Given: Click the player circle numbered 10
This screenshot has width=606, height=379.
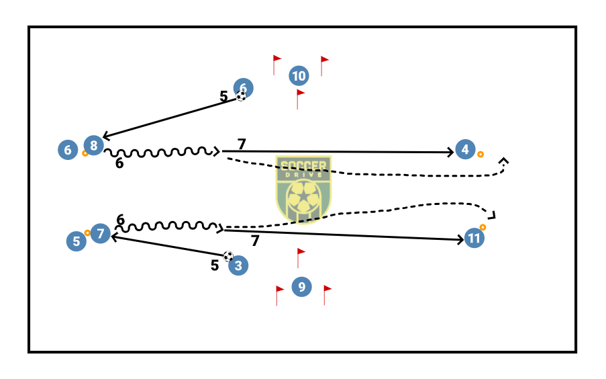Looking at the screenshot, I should (x=299, y=76).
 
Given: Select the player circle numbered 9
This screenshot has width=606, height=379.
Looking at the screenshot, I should (x=302, y=287).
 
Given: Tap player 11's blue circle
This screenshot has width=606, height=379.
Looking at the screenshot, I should (x=474, y=239).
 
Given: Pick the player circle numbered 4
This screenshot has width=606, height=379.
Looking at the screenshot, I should (x=464, y=149).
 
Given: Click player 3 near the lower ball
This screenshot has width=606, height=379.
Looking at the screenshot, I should (x=238, y=266).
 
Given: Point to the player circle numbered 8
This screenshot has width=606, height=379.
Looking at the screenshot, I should (x=94, y=144).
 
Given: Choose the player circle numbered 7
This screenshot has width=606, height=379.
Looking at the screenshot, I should (x=101, y=234).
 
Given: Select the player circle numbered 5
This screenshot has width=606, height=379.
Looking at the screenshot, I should (x=77, y=241).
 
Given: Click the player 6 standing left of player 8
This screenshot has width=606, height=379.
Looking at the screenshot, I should (x=68, y=149).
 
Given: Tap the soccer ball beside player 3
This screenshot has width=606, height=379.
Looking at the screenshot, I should (x=228, y=256).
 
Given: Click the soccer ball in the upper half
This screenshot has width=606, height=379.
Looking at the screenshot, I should (x=241, y=96).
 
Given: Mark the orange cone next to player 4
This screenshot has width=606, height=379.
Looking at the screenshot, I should (x=481, y=155).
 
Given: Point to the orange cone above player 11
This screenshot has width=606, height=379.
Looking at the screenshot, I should (x=483, y=227).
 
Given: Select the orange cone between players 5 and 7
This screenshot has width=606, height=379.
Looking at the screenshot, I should (x=87, y=233).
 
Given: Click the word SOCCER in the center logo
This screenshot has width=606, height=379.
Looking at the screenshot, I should (x=303, y=165).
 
